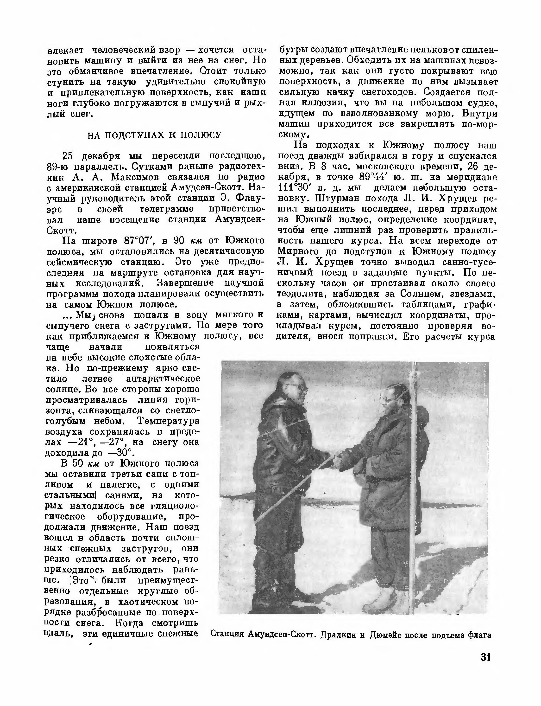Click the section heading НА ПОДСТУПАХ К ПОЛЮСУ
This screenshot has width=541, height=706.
coord(155,135)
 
